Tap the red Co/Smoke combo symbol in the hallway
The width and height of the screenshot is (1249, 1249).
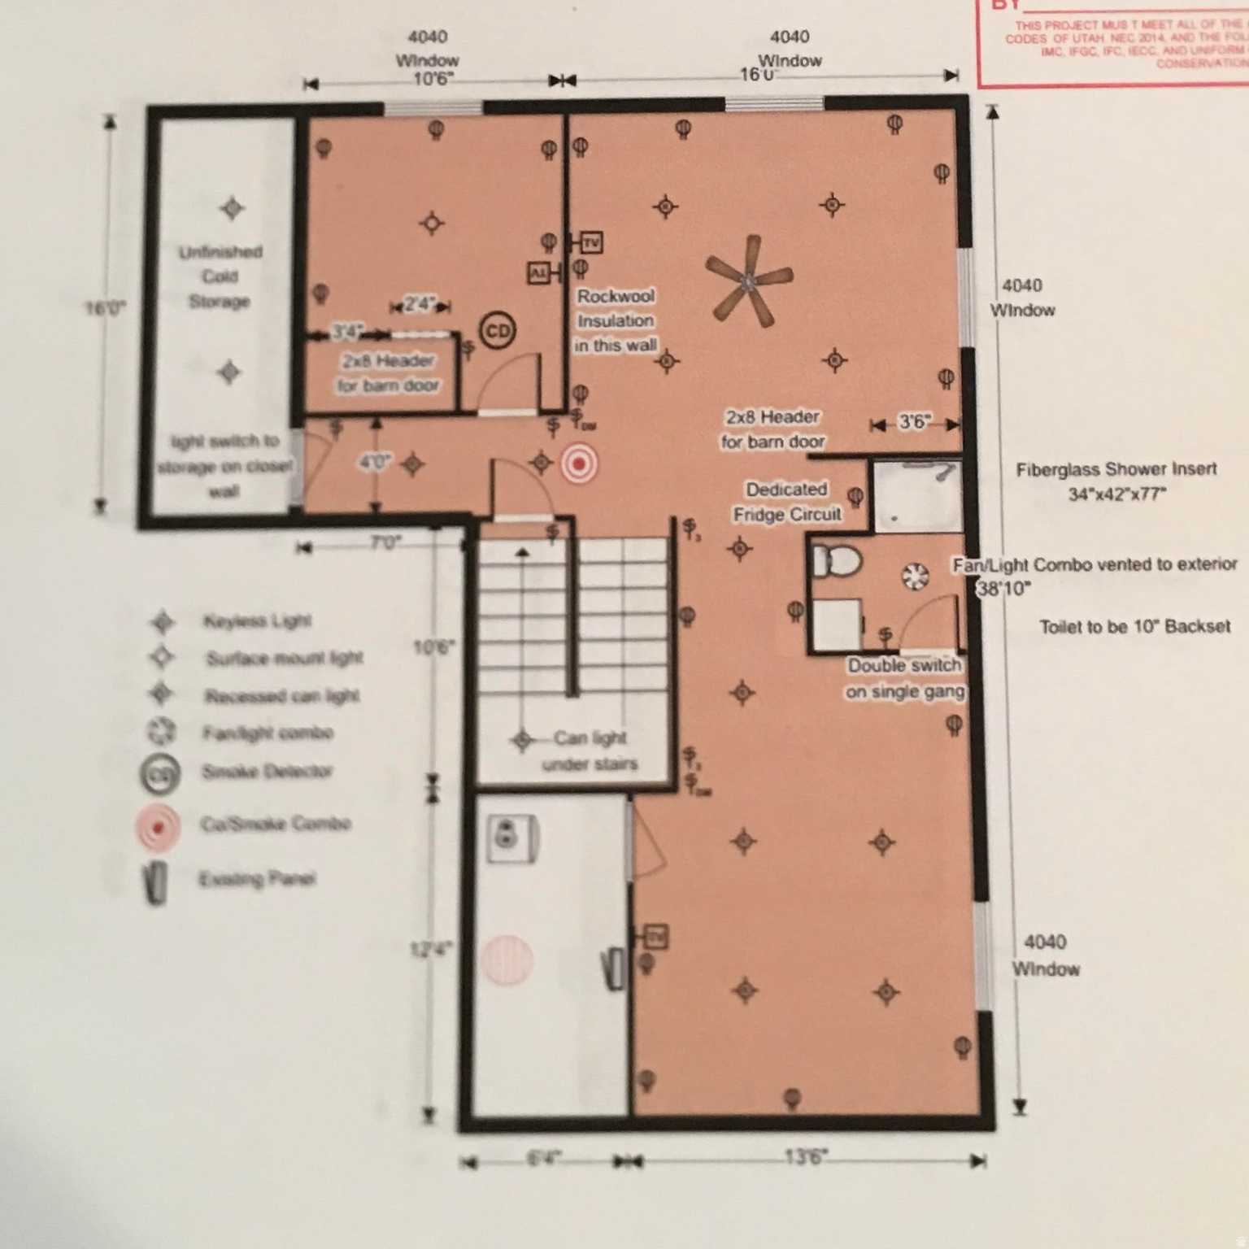pos(578,464)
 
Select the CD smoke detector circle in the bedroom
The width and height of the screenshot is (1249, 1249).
pos(497,331)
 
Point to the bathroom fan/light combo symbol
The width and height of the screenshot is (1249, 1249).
pos(916,576)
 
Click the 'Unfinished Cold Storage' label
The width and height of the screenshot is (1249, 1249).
pos(220,276)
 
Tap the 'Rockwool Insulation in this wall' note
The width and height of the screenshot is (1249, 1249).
pos(616,320)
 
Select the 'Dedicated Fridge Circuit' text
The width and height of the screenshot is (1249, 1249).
pos(786,502)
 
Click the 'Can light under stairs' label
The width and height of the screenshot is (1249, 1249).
pos(590,751)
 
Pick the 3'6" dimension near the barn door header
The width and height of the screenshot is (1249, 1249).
pos(915,422)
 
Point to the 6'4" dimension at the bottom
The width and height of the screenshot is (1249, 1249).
pos(543,1158)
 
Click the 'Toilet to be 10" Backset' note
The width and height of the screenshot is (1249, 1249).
pos(1134,626)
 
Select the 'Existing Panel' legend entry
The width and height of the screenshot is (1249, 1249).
pos(257,879)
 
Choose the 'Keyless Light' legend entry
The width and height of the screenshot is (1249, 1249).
pos(257,621)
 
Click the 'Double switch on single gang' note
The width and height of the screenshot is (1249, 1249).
pos(905,678)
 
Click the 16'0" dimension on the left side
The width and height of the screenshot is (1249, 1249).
pos(105,308)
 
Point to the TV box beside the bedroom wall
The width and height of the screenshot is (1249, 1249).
pos(591,242)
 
